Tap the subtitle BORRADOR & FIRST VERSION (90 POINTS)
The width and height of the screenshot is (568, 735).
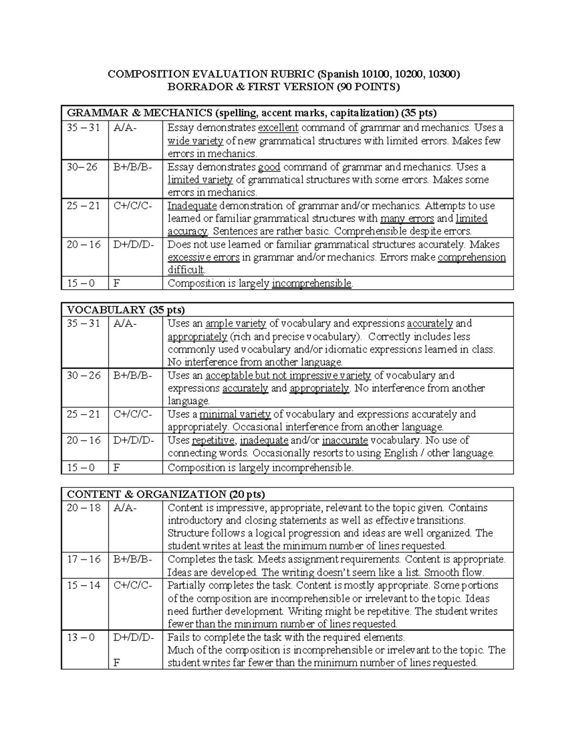click(284, 87)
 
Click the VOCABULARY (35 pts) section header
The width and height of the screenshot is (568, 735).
click(126, 310)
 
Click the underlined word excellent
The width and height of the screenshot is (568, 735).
click(278, 128)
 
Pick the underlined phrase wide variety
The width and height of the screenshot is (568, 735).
click(195, 141)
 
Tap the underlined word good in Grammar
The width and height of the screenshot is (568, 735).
click(269, 167)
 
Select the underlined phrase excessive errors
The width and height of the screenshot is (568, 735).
click(204, 257)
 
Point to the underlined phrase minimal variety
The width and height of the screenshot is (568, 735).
click(235, 414)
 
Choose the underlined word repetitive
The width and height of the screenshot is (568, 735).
click(213, 440)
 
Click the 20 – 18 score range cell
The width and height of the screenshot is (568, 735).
click(84, 508)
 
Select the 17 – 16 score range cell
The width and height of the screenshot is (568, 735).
click(84, 559)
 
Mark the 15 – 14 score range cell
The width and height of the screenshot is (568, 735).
click(84, 585)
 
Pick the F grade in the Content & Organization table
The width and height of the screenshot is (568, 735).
click(116, 663)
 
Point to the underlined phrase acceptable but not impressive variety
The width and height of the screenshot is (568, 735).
click(288, 375)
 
